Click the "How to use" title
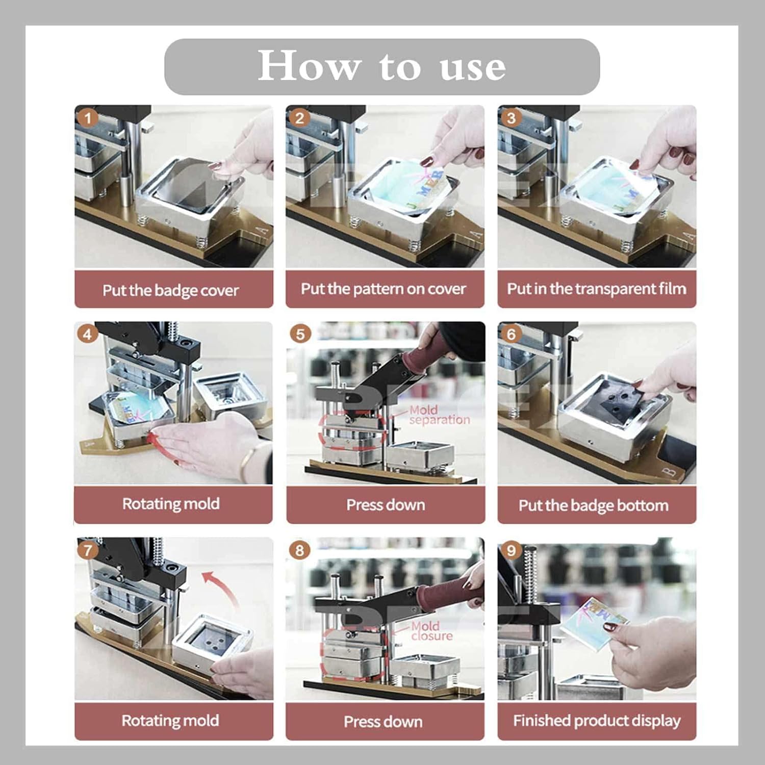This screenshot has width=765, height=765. [381, 66]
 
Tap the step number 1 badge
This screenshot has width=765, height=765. [88, 118]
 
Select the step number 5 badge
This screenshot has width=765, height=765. [300, 335]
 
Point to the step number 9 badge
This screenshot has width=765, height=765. [511, 550]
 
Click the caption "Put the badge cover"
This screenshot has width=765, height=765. [170, 290]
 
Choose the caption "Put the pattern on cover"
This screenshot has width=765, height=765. [383, 289]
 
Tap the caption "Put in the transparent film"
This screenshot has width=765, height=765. [596, 289]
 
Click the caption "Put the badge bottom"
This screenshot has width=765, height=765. [593, 505]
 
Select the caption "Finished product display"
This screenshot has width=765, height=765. [597, 721]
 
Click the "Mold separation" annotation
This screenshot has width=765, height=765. [439, 415]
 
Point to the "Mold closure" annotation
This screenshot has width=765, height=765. [431, 631]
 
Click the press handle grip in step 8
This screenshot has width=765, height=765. [444, 591]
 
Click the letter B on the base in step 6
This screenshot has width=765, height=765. [671, 472]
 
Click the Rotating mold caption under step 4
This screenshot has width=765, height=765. [171, 504]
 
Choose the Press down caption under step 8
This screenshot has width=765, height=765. [383, 722]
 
